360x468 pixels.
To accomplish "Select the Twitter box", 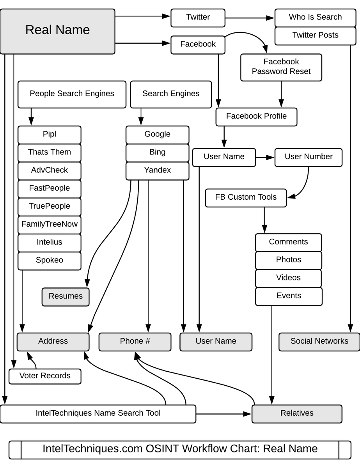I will point(198,18).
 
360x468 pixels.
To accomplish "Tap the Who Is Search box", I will point(315,18).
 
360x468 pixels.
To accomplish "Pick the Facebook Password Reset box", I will point(281,67).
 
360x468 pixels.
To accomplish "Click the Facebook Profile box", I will point(256,117).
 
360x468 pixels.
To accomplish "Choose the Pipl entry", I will point(50,135).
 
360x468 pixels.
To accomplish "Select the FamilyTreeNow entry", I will point(50,225).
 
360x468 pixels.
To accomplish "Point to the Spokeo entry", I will point(50,261).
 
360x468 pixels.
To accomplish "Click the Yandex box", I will point(157,171).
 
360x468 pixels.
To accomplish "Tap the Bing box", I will point(157,152).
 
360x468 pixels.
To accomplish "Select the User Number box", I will point(308,157).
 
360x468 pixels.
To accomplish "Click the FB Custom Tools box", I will point(246,198).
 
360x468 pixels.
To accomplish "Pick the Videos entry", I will point(288,278).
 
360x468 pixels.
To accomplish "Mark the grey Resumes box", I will point(66,296).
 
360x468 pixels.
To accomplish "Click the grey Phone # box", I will point(135,342).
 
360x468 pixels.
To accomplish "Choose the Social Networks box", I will point(319,342).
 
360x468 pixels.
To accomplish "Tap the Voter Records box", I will point(45,376).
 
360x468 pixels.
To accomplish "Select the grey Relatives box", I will point(296,414).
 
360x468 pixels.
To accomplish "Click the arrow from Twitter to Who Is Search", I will point(250,18).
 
